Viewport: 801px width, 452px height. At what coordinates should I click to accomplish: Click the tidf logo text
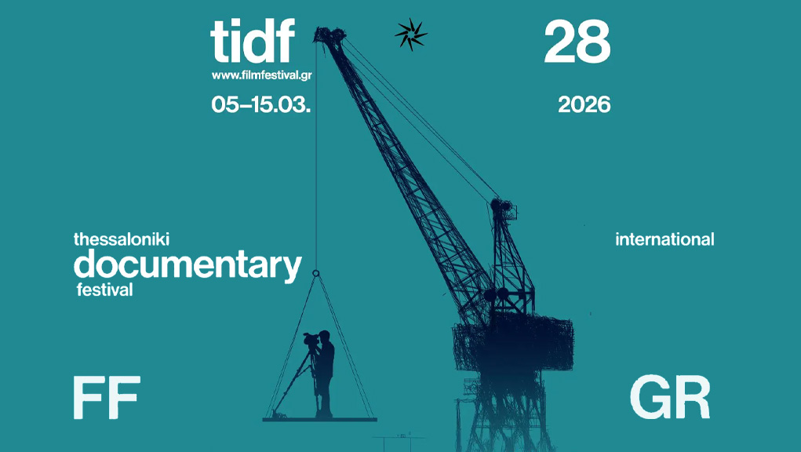[x=253, y=41]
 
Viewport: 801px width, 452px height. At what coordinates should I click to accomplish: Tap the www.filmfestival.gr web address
[x=261, y=75]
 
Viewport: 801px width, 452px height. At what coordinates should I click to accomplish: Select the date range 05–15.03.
[x=261, y=104]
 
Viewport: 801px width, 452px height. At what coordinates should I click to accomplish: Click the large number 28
[x=577, y=42]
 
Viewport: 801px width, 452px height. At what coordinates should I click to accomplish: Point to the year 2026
[x=584, y=104]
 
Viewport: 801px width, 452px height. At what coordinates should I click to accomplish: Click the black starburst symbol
[x=411, y=35]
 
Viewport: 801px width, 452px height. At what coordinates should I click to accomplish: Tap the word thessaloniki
[x=122, y=239]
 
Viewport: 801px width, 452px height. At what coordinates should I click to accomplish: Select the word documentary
[x=188, y=264]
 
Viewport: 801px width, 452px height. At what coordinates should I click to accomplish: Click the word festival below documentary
[x=104, y=290]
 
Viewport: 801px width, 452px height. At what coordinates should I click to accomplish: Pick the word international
[x=664, y=239]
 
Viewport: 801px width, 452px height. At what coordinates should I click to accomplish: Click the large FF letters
[x=107, y=397]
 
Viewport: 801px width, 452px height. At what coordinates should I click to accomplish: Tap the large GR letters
[x=670, y=397]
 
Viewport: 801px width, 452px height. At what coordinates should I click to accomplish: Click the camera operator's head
[x=324, y=337]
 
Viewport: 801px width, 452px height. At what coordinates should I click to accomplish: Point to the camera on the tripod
[x=311, y=338]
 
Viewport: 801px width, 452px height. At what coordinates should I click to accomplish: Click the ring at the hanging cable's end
[x=315, y=274]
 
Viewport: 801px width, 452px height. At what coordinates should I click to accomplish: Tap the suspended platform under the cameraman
[x=320, y=420]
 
